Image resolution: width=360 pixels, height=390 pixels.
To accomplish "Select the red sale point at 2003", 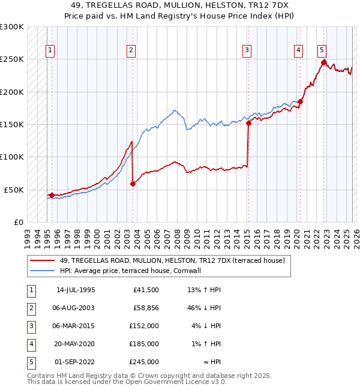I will (133, 184).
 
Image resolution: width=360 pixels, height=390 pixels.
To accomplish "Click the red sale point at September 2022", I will (323, 62).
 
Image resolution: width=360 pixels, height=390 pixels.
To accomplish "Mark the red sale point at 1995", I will (52, 195).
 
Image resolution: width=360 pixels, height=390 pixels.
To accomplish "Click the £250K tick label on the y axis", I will (12, 59).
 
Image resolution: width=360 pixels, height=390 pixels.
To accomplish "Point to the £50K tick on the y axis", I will (14, 190).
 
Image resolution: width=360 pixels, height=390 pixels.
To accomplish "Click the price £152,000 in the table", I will (143, 327).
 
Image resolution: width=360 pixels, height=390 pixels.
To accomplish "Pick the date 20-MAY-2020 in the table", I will (75, 344).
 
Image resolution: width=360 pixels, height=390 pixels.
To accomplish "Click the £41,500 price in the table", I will (146, 290).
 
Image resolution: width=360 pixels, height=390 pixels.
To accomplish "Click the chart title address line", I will (180, 4).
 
